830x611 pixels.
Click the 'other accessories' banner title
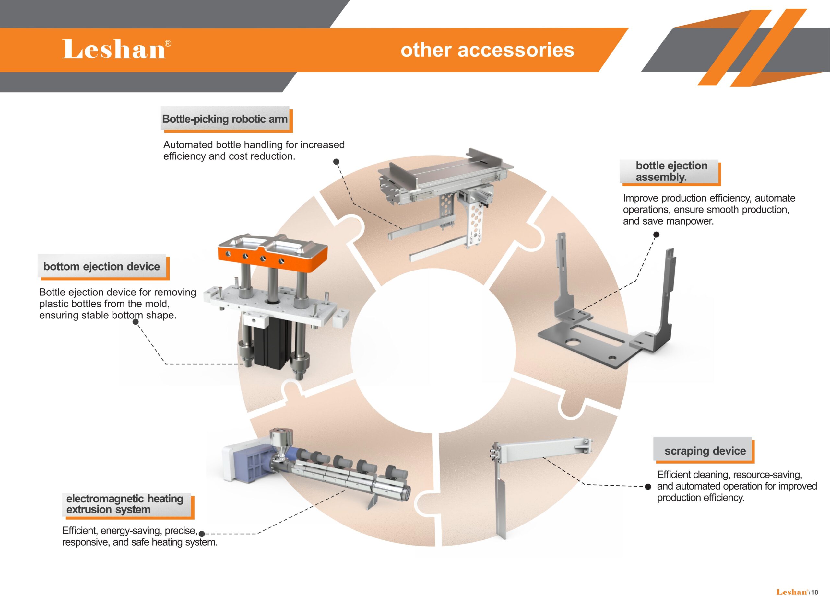(x=487, y=50)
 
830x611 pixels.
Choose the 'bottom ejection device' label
(x=102, y=266)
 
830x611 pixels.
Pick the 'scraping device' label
(x=705, y=451)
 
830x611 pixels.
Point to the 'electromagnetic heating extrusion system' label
(x=125, y=504)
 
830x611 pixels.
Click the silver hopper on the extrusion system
(x=281, y=442)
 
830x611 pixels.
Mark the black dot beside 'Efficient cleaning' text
(x=648, y=487)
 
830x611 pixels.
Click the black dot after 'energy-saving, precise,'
(x=202, y=534)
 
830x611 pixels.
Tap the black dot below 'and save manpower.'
(x=656, y=235)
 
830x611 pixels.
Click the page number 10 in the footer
(x=814, y=593)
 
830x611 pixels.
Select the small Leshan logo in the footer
(x=792, y=592)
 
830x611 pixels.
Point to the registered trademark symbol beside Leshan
(x=168, y=44)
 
